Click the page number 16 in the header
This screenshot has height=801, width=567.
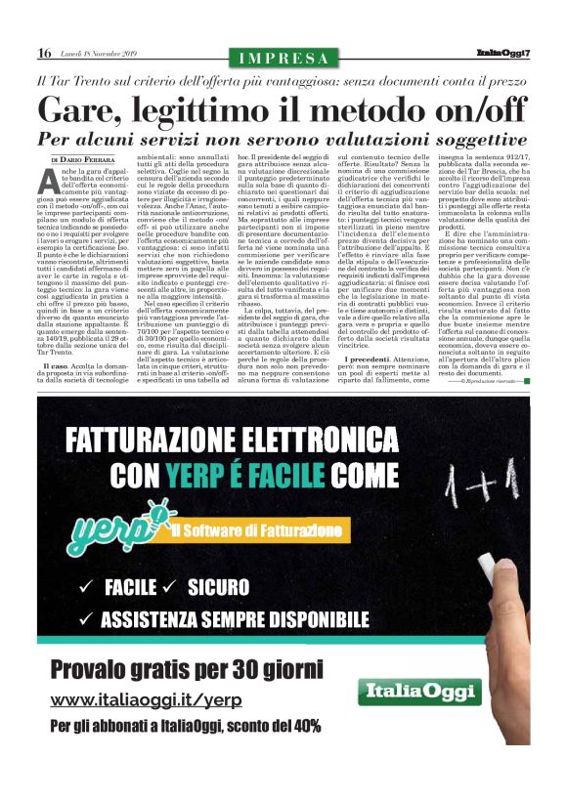pos(44,53)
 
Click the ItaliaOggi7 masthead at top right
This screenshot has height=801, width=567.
pos(502,53)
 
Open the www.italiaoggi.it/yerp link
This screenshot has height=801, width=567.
pos(146,701)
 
